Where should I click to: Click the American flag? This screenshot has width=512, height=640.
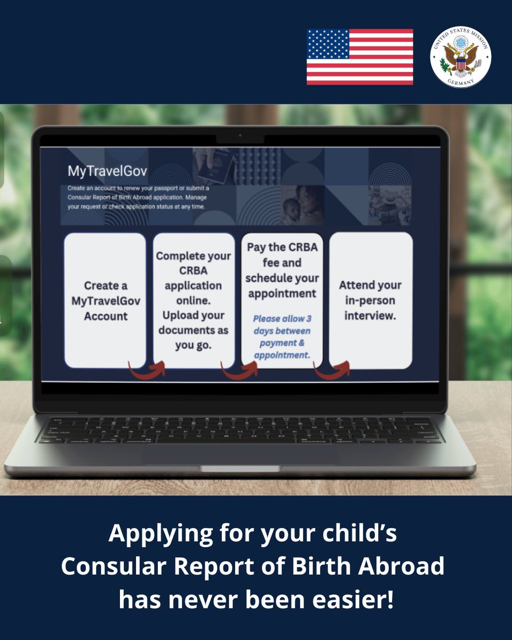[x=359, y=57]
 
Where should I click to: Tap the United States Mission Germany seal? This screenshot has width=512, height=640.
[x=460, y=57]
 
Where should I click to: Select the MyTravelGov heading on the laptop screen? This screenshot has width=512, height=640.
[x=107, y=171]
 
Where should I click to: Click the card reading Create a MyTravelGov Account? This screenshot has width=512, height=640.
[x=105, y=300]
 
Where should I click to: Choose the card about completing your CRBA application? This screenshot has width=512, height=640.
[x=193, y=300]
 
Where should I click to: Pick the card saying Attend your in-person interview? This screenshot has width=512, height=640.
[x=371, y=300]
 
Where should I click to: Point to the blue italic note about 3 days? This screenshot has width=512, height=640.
[x=282, y=337]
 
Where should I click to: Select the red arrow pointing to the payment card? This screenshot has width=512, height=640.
[x=239, y=368]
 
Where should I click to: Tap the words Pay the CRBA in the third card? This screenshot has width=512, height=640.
[x=282, y=247]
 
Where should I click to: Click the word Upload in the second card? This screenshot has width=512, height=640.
[x=179, y=315]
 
